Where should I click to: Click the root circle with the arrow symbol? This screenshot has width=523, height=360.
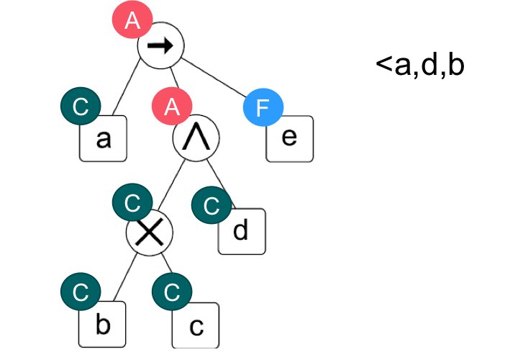tap(162, 47)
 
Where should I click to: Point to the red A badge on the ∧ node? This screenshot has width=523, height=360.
tap(170, 108)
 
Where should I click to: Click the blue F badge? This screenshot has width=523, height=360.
tap(263, 109)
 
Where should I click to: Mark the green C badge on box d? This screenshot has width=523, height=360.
tap(212, 206)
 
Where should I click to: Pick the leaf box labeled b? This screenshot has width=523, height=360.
tap(103, 325)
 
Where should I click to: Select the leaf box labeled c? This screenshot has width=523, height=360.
tap(195, 328)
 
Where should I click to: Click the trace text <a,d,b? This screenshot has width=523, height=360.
tap(420, 65)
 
